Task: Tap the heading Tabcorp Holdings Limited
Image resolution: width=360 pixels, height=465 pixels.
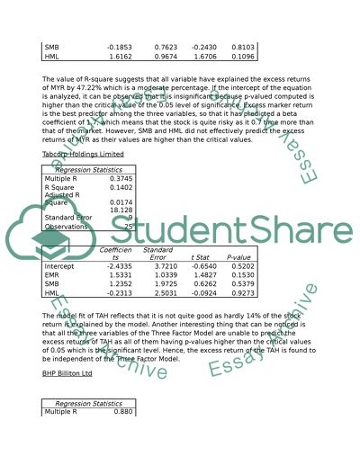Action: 83,155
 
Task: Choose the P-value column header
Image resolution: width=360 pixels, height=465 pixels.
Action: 239,256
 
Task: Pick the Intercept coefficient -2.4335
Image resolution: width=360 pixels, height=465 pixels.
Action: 119,266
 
